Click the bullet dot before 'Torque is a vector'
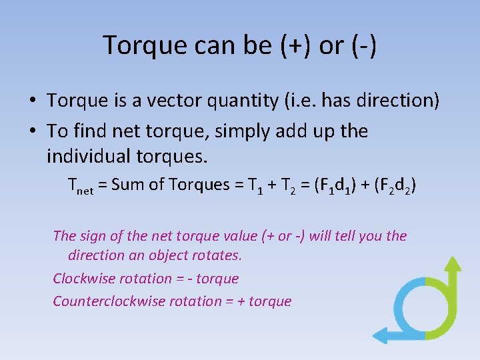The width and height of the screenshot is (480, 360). pyautogui.click(x=32, y=101)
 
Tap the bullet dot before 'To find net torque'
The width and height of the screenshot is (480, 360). pyautogui.click(x=32, y=131)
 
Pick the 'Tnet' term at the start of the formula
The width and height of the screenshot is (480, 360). pyautogui.click(x=81, y=186)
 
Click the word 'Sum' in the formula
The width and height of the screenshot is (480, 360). pyautogui.click(x=125, y=185)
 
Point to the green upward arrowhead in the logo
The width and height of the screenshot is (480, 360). pyautogui.click(x=453, y=264)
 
